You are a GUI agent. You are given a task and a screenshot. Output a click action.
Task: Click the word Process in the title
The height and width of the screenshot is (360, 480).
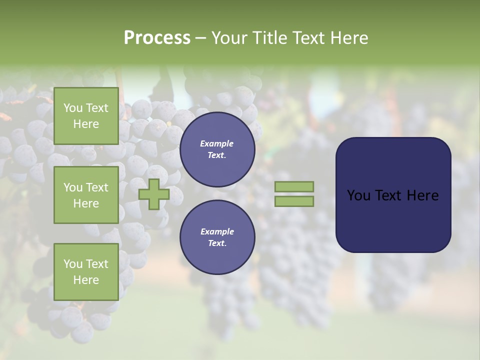pyautogui.click(x=157, y=37)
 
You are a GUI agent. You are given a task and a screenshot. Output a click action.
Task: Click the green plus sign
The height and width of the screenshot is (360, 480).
pyautogui.click(x=153, y=194)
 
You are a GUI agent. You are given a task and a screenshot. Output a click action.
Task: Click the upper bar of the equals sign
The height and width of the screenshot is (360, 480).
pyautogui.click(x=294, y=186)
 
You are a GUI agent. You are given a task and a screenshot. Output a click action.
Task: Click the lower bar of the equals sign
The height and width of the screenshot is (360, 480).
pyautogui.click(x=294, y=201)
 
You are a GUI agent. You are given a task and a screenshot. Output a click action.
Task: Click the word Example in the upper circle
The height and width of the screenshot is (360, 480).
pyautogui.click(x=217, y=143)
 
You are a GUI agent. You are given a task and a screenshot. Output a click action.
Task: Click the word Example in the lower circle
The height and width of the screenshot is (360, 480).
pyautogui.click(x=217, y=231)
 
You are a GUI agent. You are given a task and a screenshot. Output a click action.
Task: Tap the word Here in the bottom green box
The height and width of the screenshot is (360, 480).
pyautogui.click(x=86, y=280)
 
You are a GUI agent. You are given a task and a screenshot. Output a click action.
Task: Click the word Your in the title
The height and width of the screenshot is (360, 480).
pyautogui.click(x=229, y=37)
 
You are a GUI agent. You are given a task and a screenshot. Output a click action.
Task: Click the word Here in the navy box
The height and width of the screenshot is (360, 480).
pyautogui.click(x=422, y=195)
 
